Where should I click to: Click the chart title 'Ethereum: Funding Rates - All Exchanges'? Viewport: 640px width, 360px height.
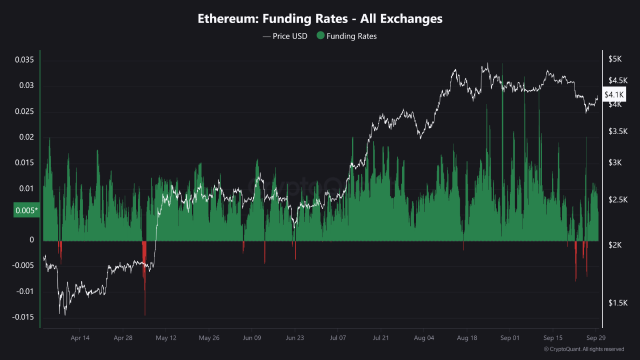[320, 19]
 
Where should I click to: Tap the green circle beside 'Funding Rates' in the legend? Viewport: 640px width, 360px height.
[320, 36]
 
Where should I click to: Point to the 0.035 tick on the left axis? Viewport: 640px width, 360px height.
[24, 60]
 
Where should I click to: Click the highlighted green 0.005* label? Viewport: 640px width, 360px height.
[26, 210]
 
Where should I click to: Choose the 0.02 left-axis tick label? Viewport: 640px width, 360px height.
[26, 137]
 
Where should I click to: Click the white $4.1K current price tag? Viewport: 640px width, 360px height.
[614, 94]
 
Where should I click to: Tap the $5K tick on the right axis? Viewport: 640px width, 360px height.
[614, 59]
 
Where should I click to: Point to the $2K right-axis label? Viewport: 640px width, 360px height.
[614, 245]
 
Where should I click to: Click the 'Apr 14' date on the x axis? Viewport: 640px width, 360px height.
[80, 338]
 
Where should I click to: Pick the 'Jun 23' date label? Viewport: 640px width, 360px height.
[294, 338]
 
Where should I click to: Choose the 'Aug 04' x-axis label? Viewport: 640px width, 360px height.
[423, 338]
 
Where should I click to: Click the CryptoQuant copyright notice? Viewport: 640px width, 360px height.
[583, 349]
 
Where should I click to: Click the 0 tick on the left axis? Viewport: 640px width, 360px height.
[31, 240]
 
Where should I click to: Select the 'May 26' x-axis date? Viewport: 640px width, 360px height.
[209, 338]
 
